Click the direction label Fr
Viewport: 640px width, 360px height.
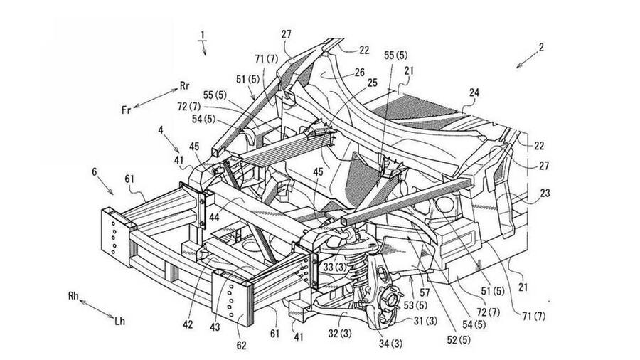[x=126, y=110]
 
